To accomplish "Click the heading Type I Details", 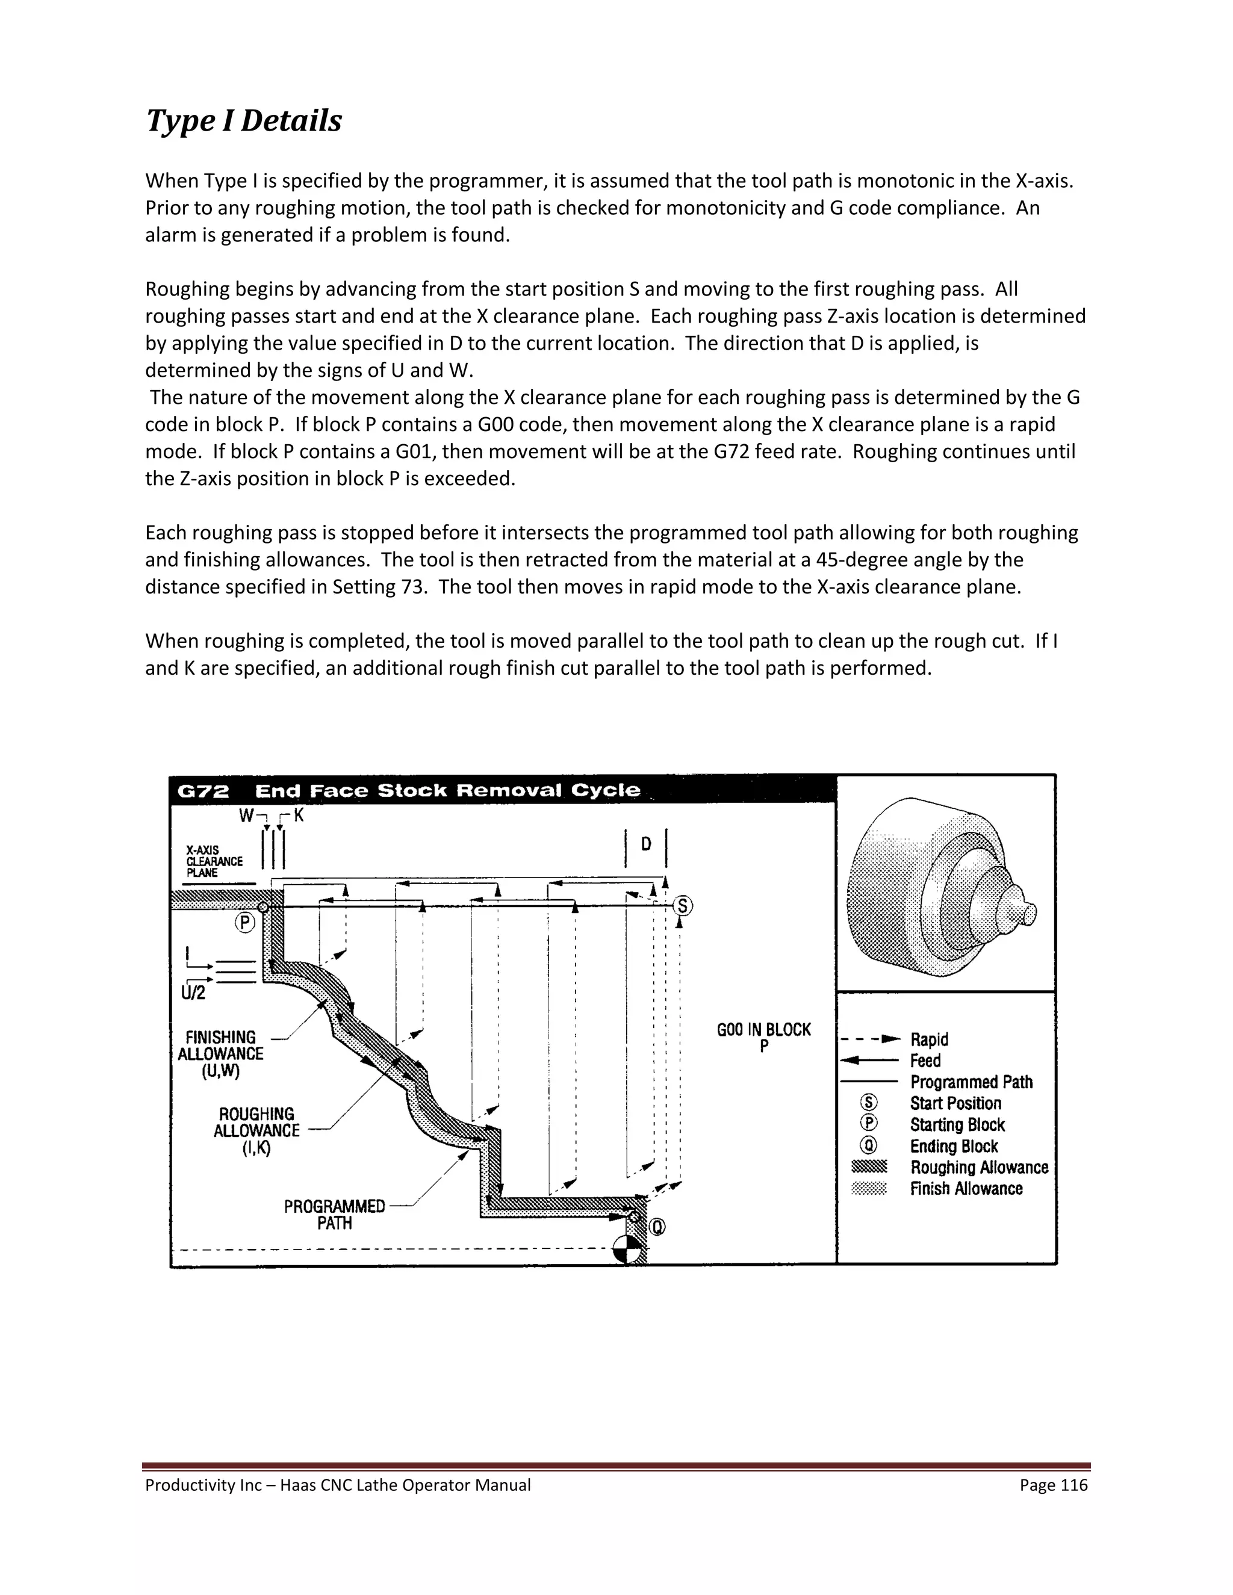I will [243, 120].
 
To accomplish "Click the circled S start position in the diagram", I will [682, 906].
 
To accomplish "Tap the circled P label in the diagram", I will [244, 923].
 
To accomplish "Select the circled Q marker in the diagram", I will [657, 1228].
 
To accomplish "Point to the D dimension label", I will [646, 844].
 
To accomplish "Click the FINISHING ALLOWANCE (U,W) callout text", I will [220, 1054].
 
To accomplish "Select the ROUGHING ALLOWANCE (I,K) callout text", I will [256, 1130].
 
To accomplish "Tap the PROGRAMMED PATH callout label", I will [335, 1215].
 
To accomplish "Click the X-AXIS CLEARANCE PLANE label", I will [213, 861].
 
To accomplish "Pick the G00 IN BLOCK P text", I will [763, 1036].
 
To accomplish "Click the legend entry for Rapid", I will [928, 1039].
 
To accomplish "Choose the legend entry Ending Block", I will [953, 1146].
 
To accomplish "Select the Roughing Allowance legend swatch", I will [869, 1167].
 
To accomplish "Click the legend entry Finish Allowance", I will [966, 1188].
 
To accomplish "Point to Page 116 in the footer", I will [1054, 1485].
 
